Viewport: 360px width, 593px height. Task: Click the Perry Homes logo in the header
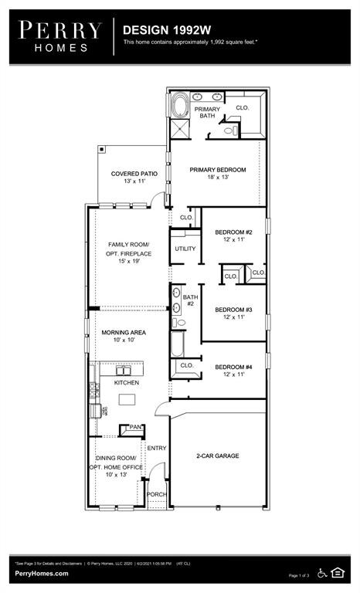(59, 36)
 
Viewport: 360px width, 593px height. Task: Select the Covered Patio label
(134, 174)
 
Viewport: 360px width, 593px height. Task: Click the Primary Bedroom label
(218, 170)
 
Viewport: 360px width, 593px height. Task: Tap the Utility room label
(185, 249)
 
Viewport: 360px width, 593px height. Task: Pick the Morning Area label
(124, 333)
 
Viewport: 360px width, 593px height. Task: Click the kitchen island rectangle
(127, 399)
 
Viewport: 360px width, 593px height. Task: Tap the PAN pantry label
(134, 427)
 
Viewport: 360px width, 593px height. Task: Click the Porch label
(157, 494)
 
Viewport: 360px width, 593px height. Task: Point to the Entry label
(157, 448)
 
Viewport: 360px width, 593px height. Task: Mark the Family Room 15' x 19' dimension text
(129, 262)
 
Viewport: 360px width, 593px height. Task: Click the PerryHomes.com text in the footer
(41, 573)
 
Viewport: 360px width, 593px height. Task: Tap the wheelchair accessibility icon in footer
(321, 572)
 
